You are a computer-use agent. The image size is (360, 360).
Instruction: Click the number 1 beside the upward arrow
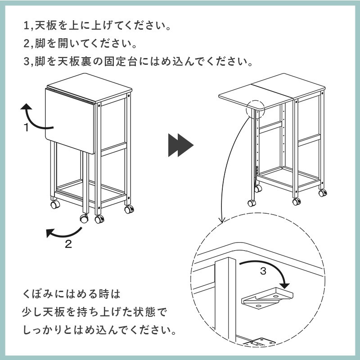click(27, 128)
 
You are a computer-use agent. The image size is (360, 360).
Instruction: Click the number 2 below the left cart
click(68, 244)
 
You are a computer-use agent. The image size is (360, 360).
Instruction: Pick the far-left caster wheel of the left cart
click(55, 205)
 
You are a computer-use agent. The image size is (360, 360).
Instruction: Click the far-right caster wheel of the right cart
click(322, 193)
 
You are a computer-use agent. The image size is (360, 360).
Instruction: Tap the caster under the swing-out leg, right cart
click(252, 202)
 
